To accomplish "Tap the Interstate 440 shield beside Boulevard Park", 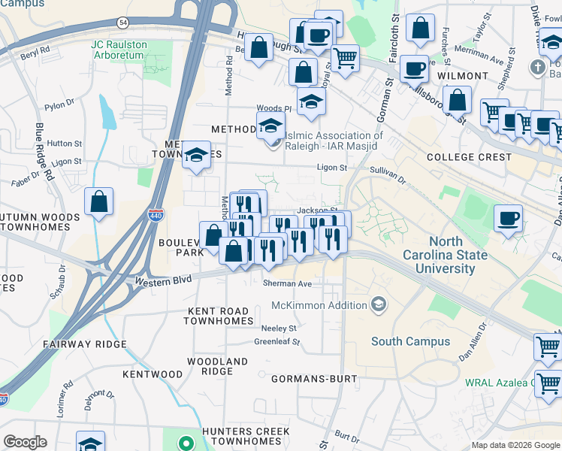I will [x=156, y=214].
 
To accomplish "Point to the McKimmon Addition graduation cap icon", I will [x=379, y=304].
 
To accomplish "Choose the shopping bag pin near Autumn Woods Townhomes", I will [x=98, y=201].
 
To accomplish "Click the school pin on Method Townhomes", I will [x=196, y=156].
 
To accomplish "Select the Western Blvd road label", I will [x=162, y=280].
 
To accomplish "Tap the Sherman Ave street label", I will [x=287, y=284].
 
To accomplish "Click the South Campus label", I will [x=411, y=341].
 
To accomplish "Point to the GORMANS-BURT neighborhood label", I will [x=314, y=378].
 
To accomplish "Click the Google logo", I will [x=26, y=442].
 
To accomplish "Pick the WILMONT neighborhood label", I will [x=463, y=76].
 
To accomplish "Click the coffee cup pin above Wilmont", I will [x=413, y=69].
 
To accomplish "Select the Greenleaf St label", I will [x=276, y=341].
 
